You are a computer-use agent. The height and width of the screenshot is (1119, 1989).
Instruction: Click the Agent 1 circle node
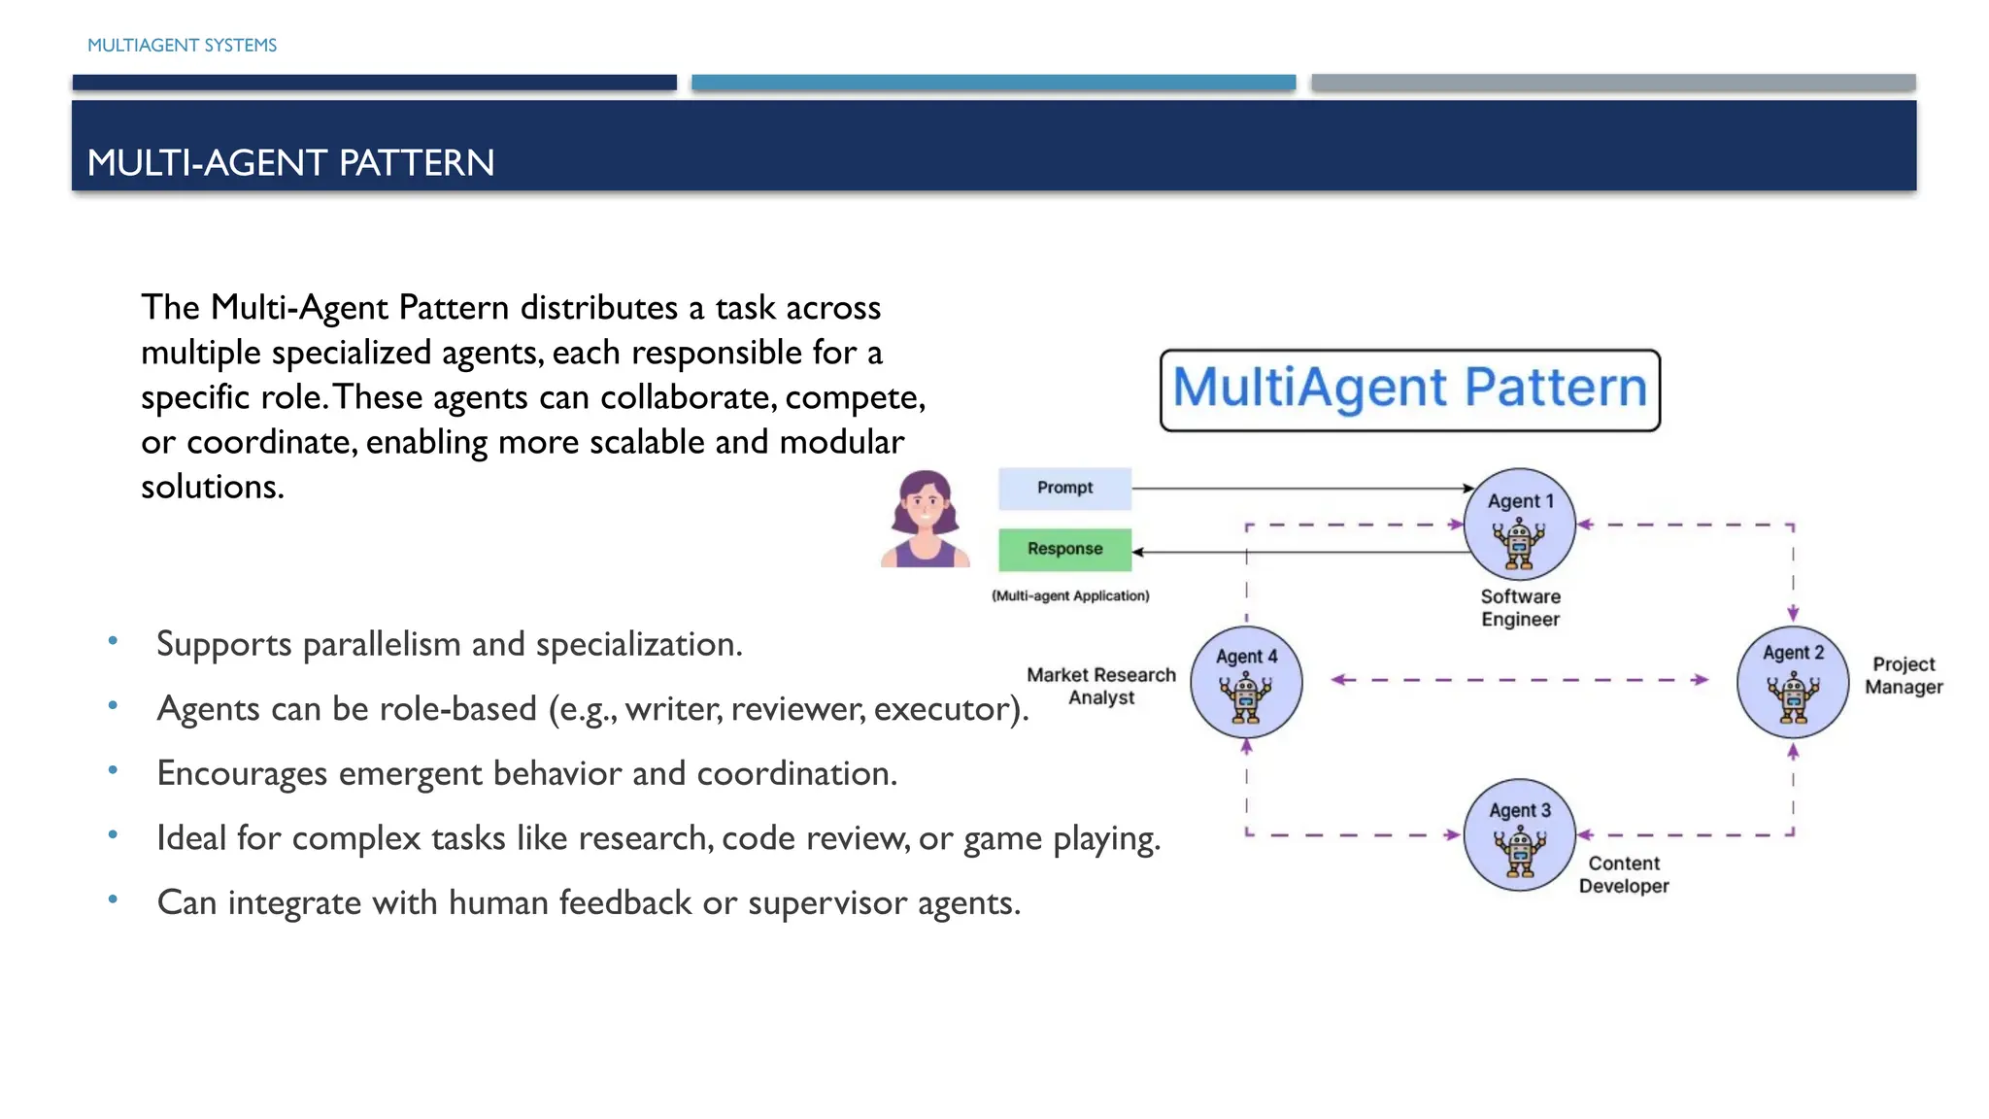coord(1519,525)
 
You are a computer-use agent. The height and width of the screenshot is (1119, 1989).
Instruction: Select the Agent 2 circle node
coord(1793,682)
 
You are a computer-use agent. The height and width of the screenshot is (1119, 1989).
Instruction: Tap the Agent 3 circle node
coord(1519,834)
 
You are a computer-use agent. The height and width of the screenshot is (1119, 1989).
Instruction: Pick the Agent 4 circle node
coord(1246,682)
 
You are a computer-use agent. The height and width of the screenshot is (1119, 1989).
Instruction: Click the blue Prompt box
coord(1064,488)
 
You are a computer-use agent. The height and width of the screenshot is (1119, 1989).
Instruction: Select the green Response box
coord(1064,549)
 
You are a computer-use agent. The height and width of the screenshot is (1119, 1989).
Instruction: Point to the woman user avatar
coord(925,519)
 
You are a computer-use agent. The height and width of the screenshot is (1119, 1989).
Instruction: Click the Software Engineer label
coord(1520,608)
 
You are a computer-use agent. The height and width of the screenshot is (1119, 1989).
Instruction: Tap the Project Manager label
coord(1904,675)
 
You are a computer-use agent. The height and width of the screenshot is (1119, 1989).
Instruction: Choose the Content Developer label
coord(1624,874)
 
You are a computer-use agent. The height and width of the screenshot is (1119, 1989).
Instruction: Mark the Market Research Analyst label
coord(1101,686)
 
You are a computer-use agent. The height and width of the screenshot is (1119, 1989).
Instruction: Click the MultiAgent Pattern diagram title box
coord(1409,390)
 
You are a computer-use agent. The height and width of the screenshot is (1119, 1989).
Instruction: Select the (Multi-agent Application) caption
coord(1070,595)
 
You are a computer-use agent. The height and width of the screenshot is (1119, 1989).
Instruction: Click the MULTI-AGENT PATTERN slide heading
coord(290,162)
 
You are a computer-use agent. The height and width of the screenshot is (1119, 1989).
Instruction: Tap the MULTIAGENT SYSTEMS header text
coord(182,46)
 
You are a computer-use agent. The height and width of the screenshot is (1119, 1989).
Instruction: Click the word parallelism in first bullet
coord(382,644)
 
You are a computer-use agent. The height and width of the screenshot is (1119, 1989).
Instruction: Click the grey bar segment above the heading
coord(1612,83)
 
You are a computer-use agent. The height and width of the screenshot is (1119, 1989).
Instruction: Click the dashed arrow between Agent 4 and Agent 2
coord(1519,680)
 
